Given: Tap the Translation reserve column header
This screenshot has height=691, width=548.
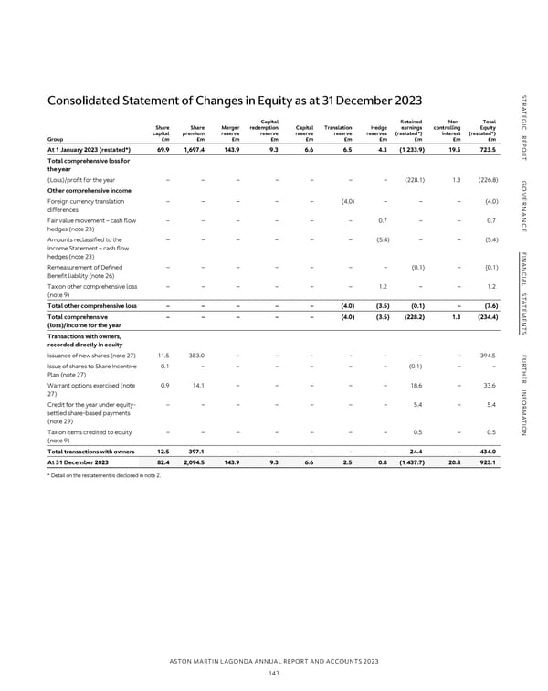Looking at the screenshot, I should pyautogui.click(x=338, y=133).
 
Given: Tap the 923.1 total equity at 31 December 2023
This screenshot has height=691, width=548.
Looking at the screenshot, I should pyautogui.click(x=487, y=463).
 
